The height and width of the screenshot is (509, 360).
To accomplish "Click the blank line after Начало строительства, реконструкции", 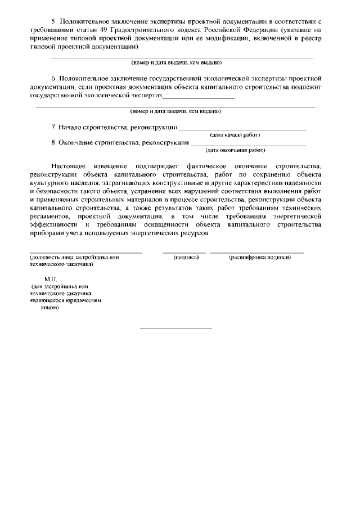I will pos(243,130).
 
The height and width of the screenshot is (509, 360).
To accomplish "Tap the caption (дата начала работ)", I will pos(235,135).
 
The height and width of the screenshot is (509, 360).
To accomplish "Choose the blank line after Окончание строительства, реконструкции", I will pos(249,146).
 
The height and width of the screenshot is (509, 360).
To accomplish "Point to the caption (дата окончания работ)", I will pos(235,150).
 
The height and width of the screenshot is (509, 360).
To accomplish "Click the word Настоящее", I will pos(69,167).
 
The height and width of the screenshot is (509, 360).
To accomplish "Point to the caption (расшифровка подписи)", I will pos(259,257).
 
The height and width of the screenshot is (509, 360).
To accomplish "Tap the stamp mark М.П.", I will pos(50,279).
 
